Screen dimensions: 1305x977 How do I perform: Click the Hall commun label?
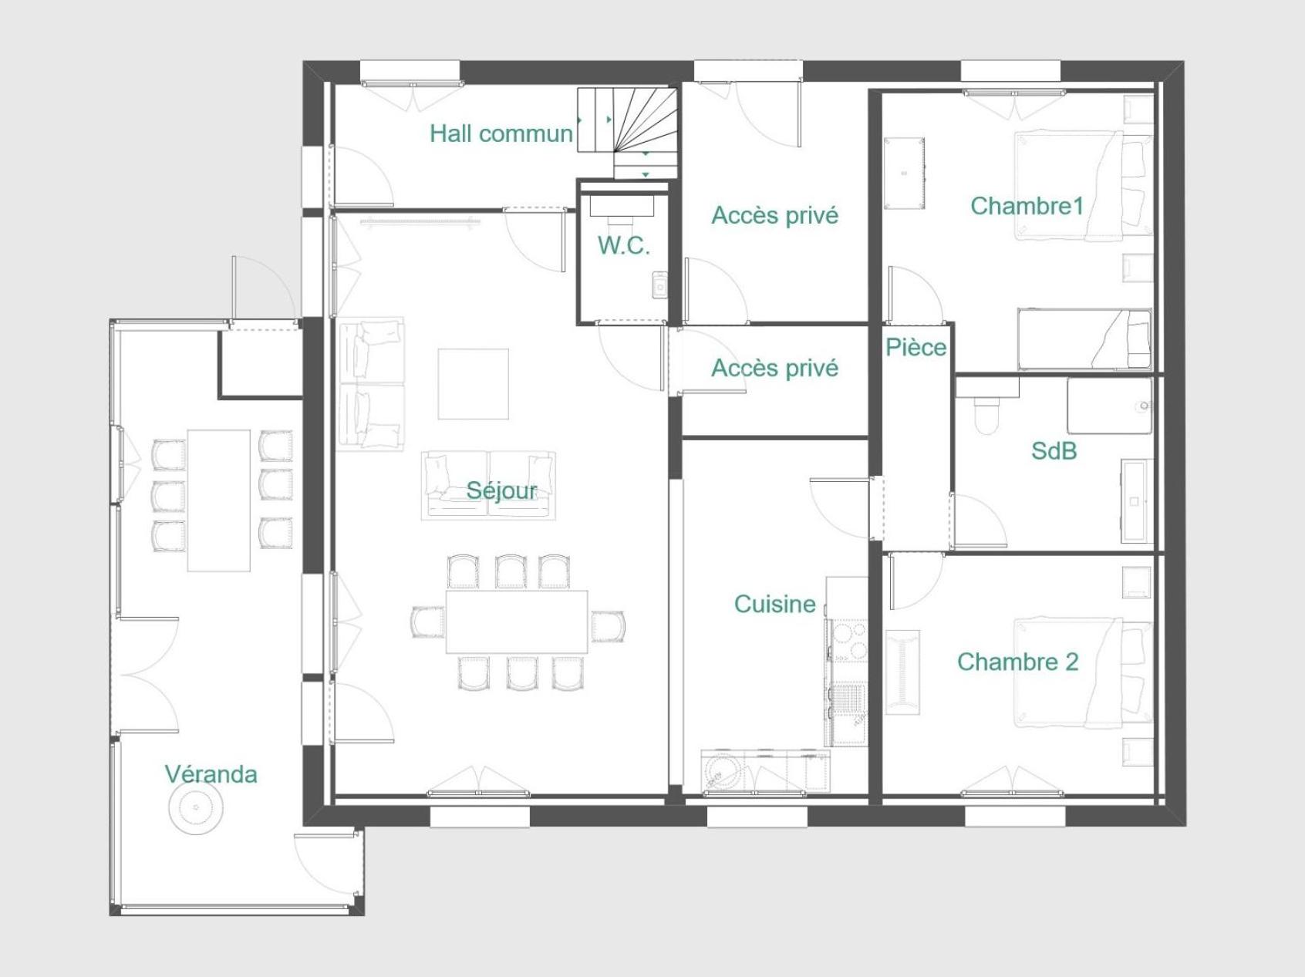(501, 133)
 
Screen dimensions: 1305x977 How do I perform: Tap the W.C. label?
(624, 246)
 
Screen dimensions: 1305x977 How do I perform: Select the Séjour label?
(501, 490)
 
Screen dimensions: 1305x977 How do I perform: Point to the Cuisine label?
(774, 604)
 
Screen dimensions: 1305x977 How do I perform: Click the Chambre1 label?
(1027, 206)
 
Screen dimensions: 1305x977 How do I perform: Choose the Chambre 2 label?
(1017, 662)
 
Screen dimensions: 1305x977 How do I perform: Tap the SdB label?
(1054, 451)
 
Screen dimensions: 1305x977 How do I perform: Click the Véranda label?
(211, 774)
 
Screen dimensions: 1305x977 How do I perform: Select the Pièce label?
(916, 347)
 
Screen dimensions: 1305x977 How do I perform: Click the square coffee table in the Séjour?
(474, 384)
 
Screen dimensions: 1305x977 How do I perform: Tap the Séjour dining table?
(517, 622)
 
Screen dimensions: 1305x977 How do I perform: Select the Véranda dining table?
(219, 500)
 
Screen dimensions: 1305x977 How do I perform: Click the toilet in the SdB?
(987, 415)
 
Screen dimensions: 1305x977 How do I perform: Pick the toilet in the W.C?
(622, 210)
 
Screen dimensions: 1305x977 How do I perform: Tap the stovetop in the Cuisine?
(848, 640)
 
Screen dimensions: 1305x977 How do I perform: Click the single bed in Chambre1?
(1084, 339)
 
